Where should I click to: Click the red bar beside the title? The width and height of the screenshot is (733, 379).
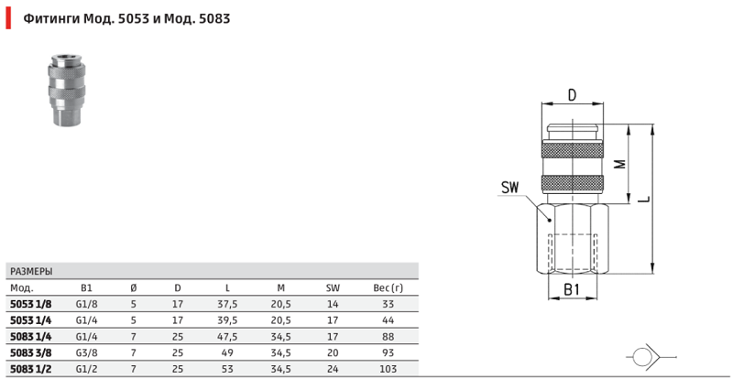point(8,18)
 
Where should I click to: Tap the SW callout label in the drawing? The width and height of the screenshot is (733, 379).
point(510,188)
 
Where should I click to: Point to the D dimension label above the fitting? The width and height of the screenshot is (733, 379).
point(572,95)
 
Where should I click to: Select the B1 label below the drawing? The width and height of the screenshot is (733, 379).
point(572,289)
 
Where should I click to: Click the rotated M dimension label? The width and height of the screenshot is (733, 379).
point(620,164)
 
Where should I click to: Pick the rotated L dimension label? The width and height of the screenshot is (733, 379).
point(644,200)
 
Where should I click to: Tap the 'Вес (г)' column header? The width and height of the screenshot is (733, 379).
point(388,287)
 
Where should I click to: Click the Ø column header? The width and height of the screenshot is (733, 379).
point(133,287)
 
